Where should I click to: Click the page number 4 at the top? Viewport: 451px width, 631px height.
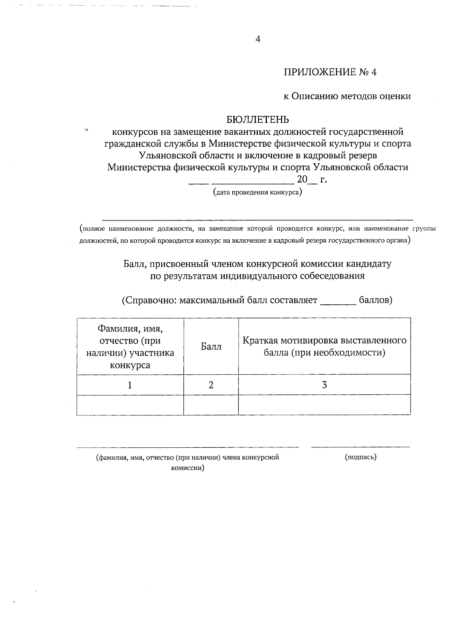(257, 40)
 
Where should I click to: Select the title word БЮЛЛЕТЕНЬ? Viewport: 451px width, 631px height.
(258, 120)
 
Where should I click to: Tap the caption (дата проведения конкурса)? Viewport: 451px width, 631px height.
(257, 193)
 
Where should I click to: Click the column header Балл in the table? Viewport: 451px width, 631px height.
(211, 347)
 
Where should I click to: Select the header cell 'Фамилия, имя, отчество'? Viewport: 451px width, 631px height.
(130, 347)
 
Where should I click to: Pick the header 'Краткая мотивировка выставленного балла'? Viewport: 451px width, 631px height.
(324, 347)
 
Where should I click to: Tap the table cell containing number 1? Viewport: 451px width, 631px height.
(130, 385)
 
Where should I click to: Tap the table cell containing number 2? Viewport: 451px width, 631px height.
(211, 385)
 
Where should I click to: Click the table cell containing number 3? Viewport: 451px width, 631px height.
(324, 385)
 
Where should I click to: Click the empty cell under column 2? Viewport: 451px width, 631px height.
(211, 405)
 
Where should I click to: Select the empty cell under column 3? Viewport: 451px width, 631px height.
(324, 405)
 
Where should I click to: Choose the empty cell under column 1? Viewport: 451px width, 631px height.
(130, 405)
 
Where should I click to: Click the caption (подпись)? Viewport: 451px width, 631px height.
(360, 457)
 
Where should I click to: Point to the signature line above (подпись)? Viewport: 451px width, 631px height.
(360, 447)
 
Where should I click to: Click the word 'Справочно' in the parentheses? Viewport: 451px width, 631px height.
(150, 301)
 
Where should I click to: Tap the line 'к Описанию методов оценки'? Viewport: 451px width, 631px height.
(347, 96)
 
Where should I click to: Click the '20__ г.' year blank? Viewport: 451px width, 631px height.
(311, 179)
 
